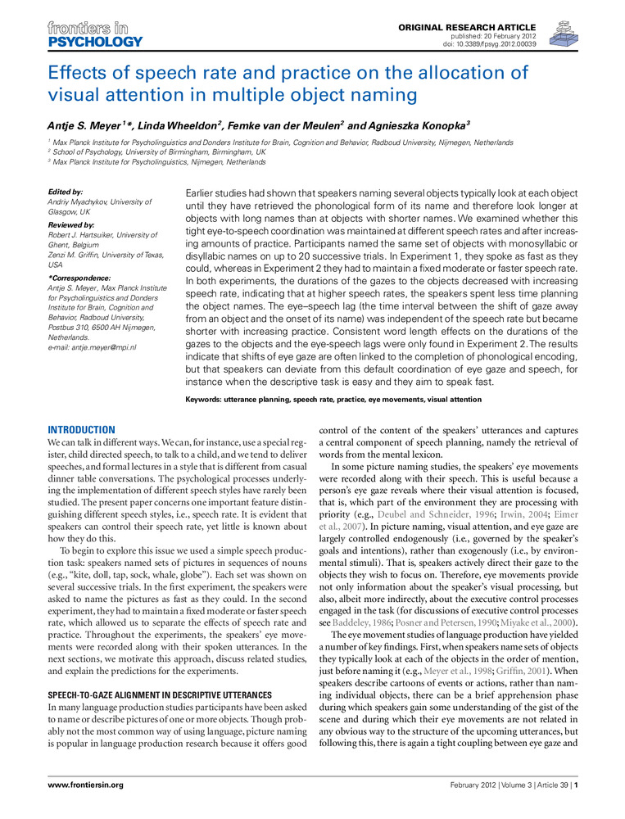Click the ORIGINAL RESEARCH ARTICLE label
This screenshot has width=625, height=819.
468,28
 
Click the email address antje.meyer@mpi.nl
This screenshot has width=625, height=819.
93,347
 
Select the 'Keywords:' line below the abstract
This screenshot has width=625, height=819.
334,400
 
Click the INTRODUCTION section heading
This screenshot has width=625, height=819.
81,430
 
